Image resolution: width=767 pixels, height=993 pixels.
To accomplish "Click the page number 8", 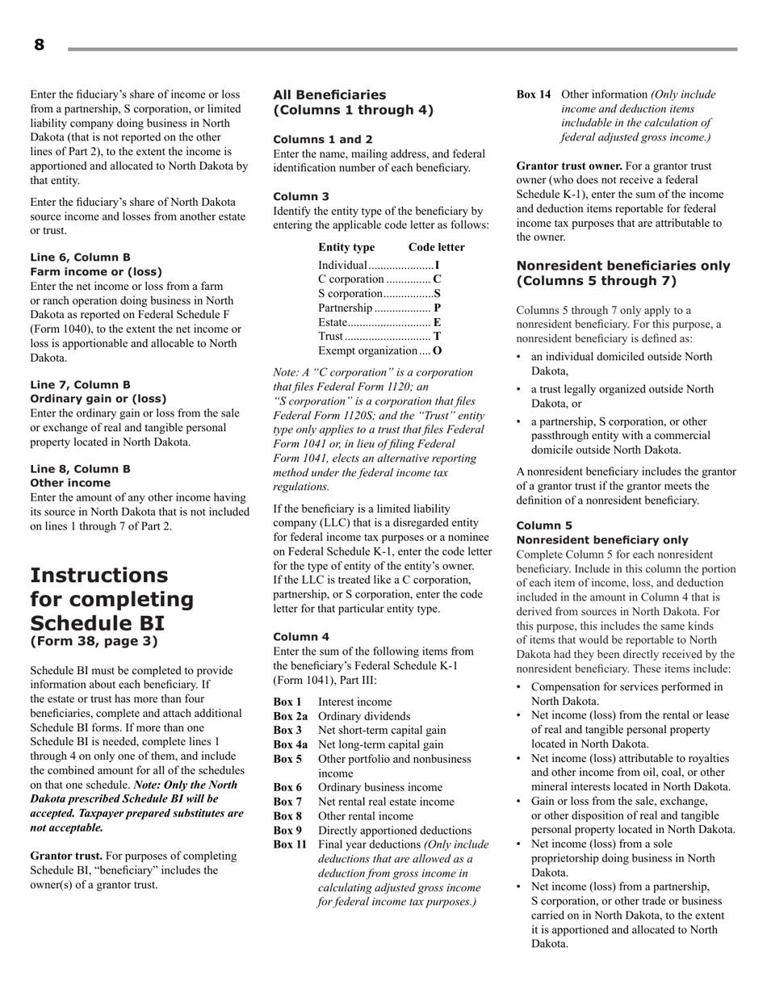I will tap(39, 45).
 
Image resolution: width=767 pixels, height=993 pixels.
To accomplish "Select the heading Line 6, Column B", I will tap(80, 258).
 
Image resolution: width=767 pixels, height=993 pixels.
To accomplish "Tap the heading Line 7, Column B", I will tap(80, 384).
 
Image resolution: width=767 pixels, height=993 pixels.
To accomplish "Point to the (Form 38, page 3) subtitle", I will tap(94, 642).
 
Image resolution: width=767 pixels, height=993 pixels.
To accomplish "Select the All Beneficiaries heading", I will tap(329, 94).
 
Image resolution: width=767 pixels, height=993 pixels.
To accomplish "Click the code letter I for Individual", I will tap(437, 266).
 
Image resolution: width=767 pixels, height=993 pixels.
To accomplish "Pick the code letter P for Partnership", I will tap(437, 308).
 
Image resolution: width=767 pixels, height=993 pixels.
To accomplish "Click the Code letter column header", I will tap(437, 247).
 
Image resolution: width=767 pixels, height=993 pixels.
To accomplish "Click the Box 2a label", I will tap(290, 716).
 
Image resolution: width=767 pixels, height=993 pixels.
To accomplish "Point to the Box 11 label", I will tap(290, 844).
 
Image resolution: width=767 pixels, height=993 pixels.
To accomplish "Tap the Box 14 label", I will tap(534, 94).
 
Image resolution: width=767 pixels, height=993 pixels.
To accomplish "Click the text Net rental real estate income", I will tap(386, 802).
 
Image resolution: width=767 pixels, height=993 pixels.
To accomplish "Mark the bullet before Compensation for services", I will tap(521, 687).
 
